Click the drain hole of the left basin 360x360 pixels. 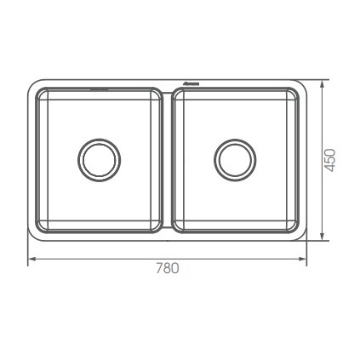[x=99, y=157]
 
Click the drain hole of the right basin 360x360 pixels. [x=236, y=157]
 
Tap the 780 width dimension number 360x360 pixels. [x=168, y=268]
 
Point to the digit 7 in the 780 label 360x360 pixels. [x=159, y=268]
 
